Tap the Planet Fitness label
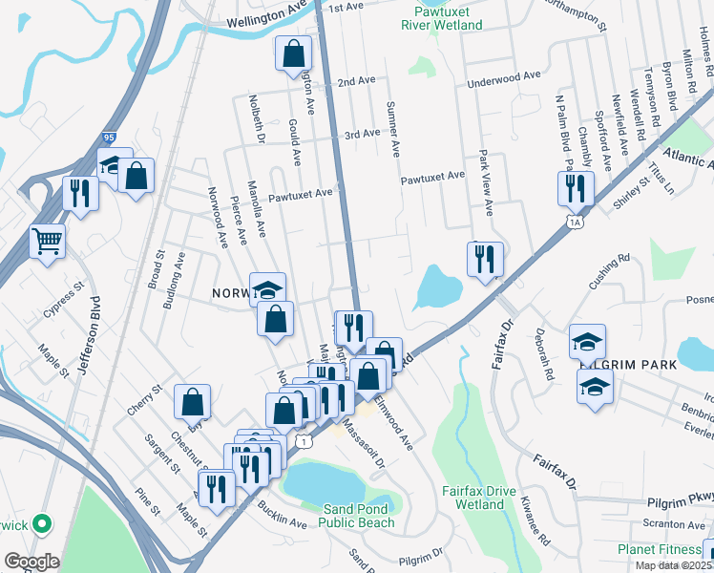[659, 549]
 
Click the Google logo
[31, 562]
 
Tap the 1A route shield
[574, 223]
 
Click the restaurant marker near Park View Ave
[485, 257]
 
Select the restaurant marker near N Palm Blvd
[577, 187]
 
